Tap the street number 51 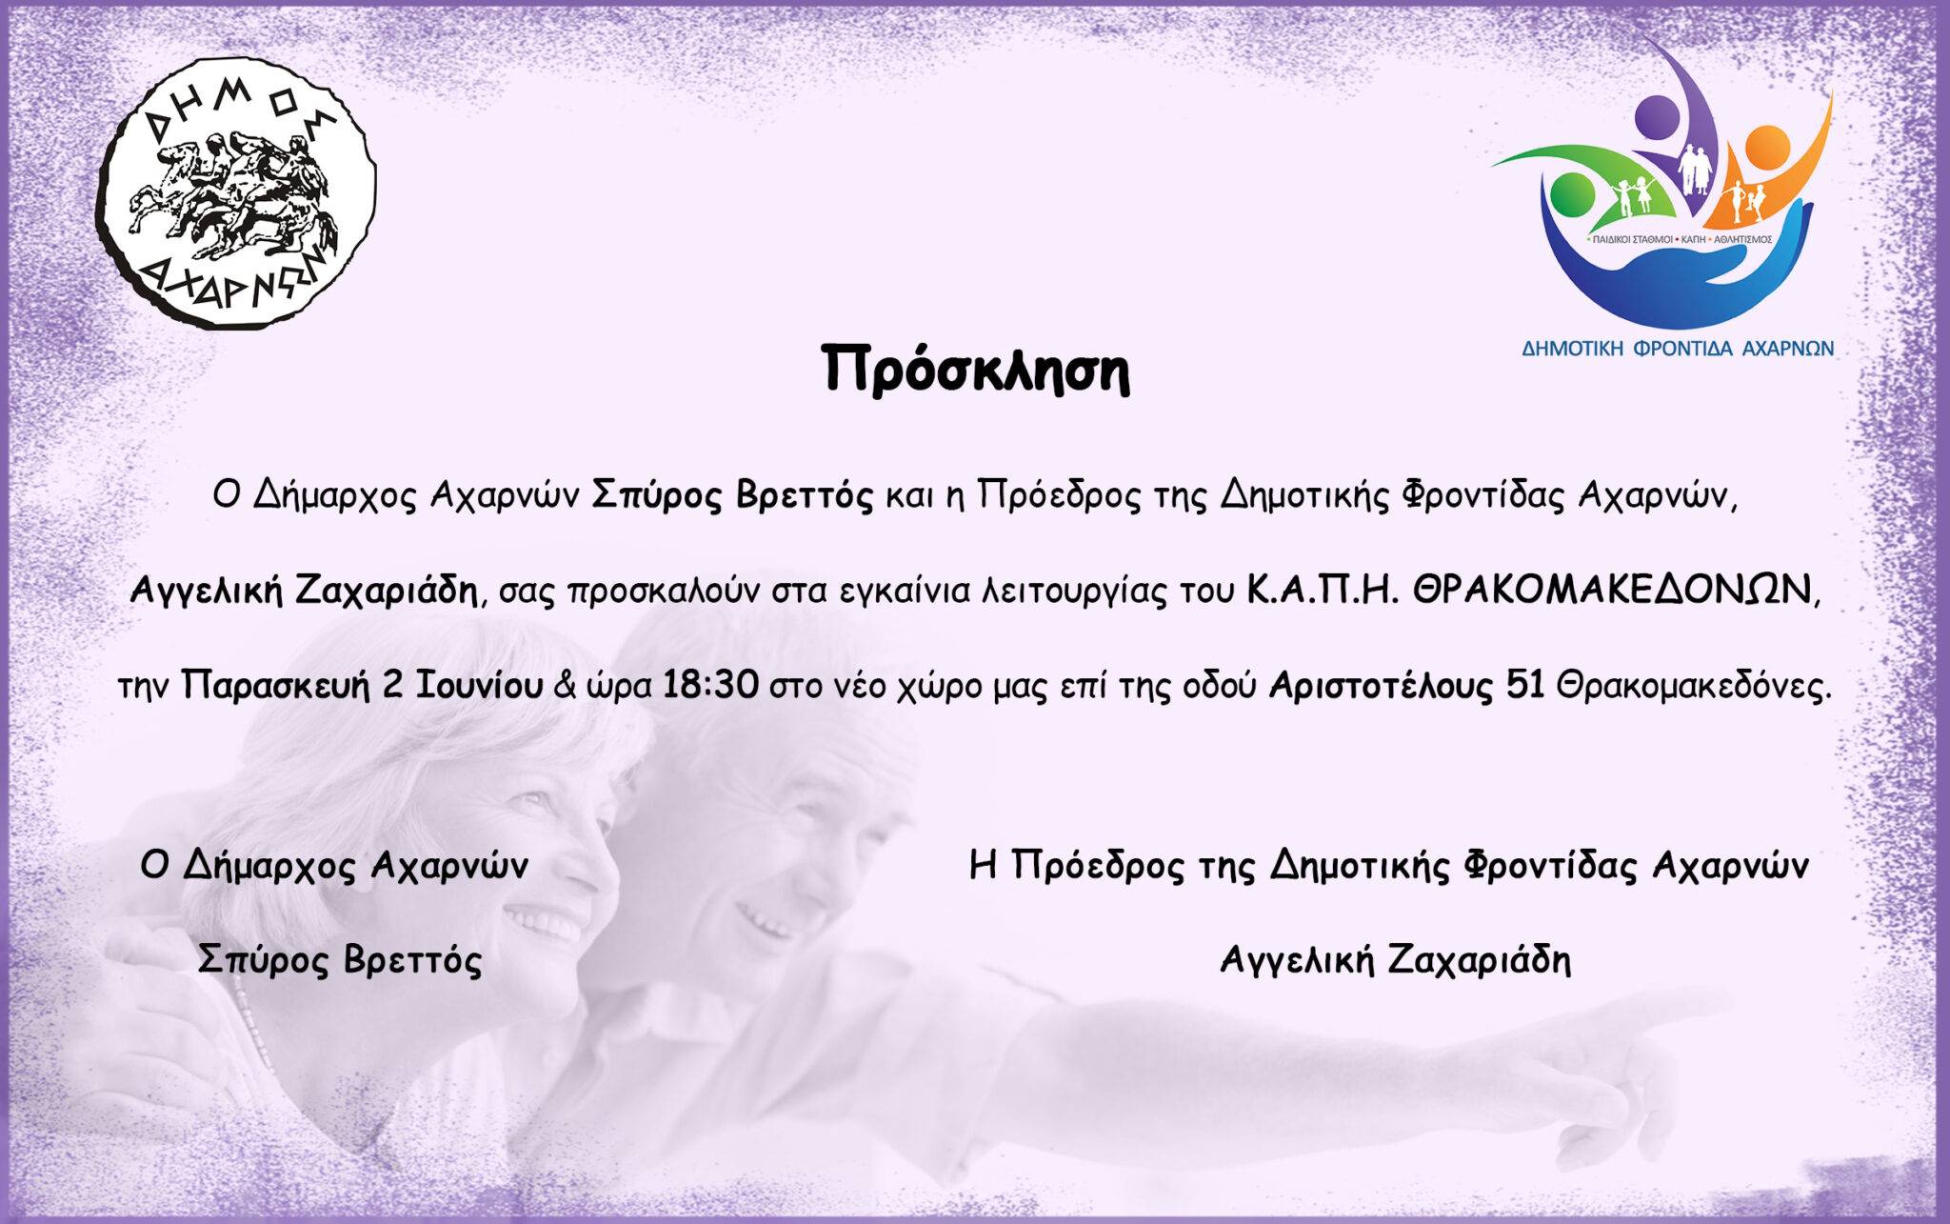click(1526, 686)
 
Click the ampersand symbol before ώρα click(564, 687)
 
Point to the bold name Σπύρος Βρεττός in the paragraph click(733, 497)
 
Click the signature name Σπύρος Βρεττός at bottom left click(340, 960)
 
